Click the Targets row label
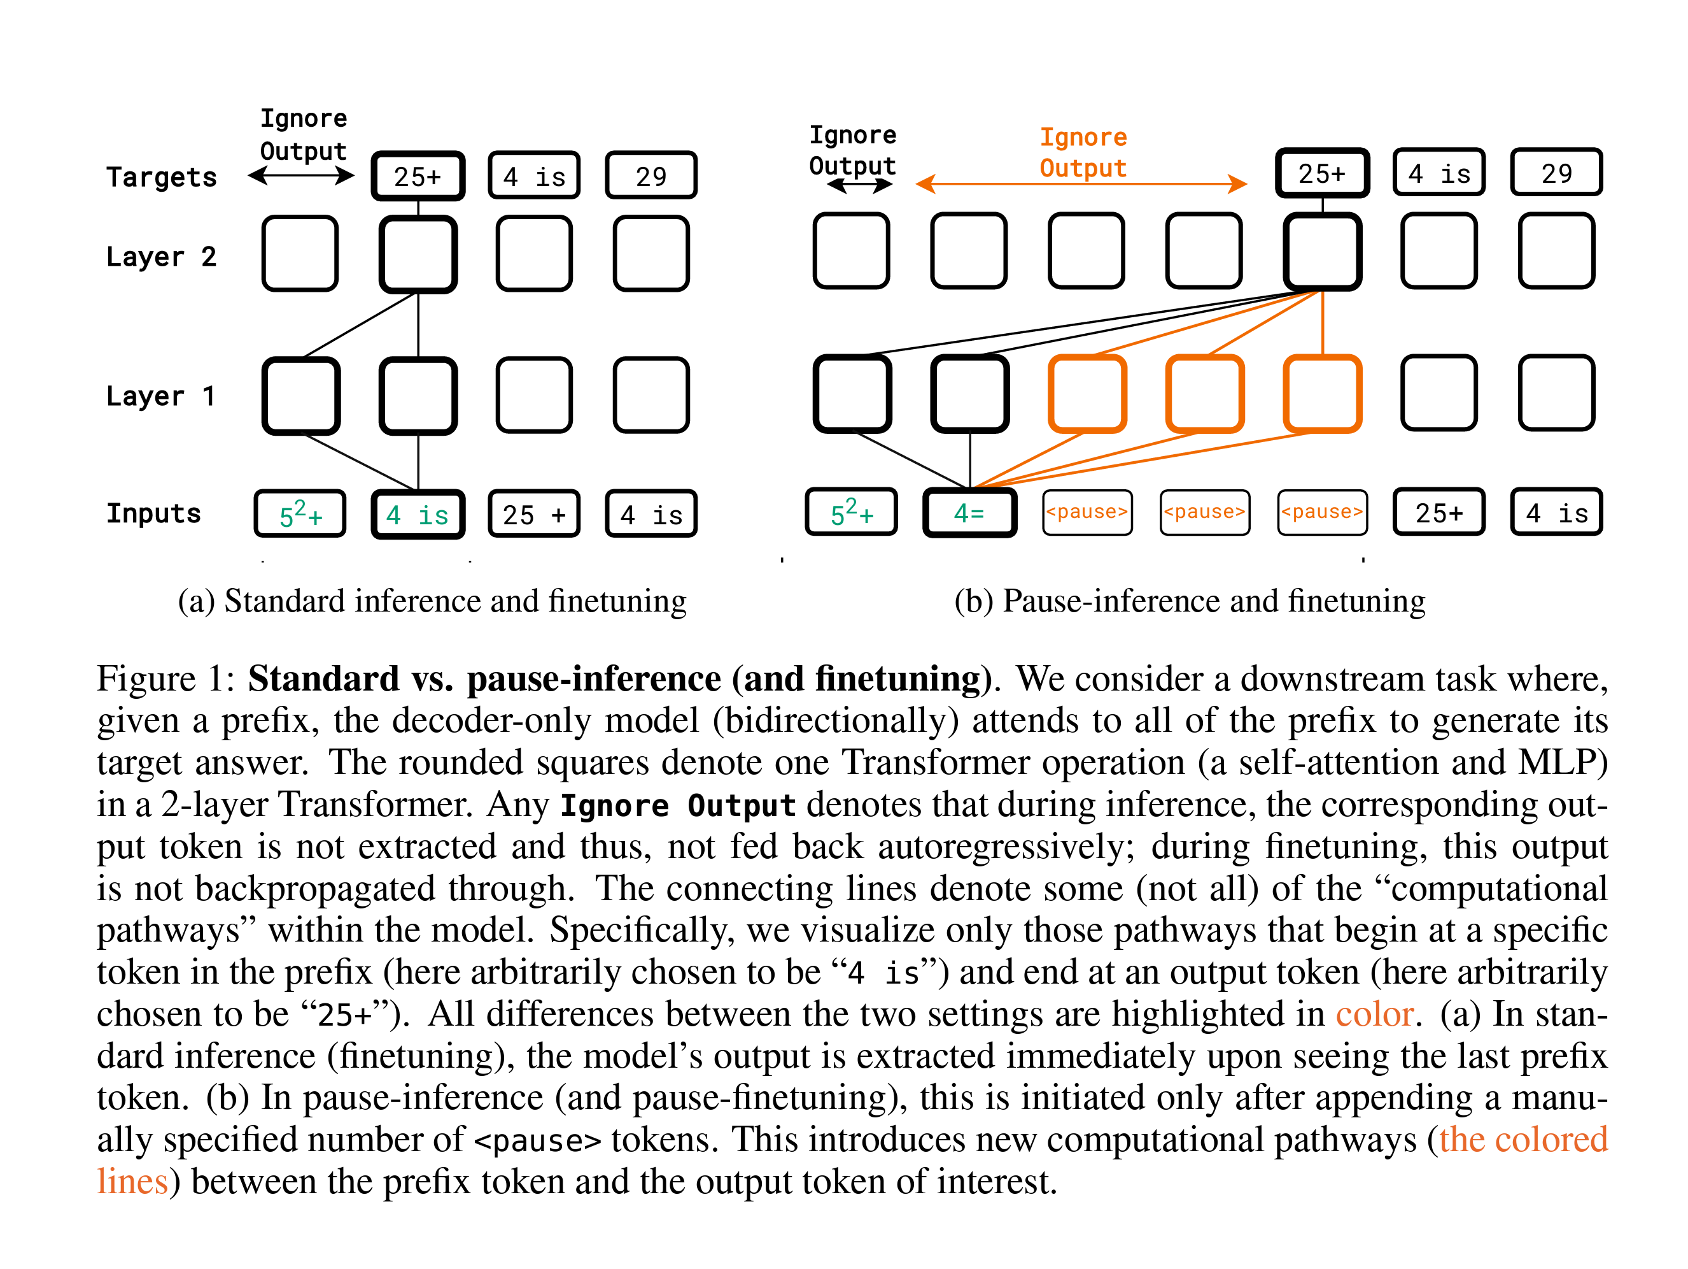(x=161, y=177)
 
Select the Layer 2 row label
(x=161, y=257)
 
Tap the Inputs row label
(x=153, y=513)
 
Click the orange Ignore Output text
(x=1082, y=153)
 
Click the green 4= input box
(x=969, y=513)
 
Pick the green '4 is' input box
(x=418, y=515)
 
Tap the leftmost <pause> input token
(x=1087, y=512)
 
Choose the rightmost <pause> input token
(x=1322, y=512)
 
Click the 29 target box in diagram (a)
(x=651, y=176)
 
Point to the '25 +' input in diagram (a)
(x=534, y=515)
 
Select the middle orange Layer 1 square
(x=1205, y=394)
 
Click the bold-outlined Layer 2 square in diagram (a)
(x=418, y=254)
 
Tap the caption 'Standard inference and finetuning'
(x=455, y=601)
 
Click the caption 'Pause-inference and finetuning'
(x=1213, y=601)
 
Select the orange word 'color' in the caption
(x=1374, y=1014)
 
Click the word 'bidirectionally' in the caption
(x=835, y=721)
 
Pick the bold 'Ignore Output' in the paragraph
(x=678, y=805)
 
